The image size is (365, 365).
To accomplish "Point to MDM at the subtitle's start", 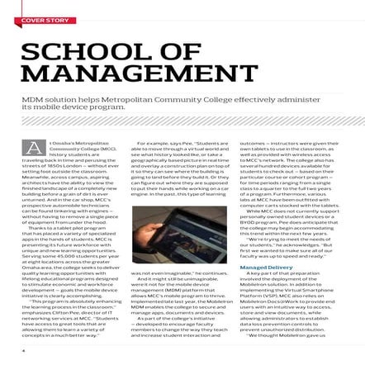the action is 32,98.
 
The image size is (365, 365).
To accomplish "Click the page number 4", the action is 23,349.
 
